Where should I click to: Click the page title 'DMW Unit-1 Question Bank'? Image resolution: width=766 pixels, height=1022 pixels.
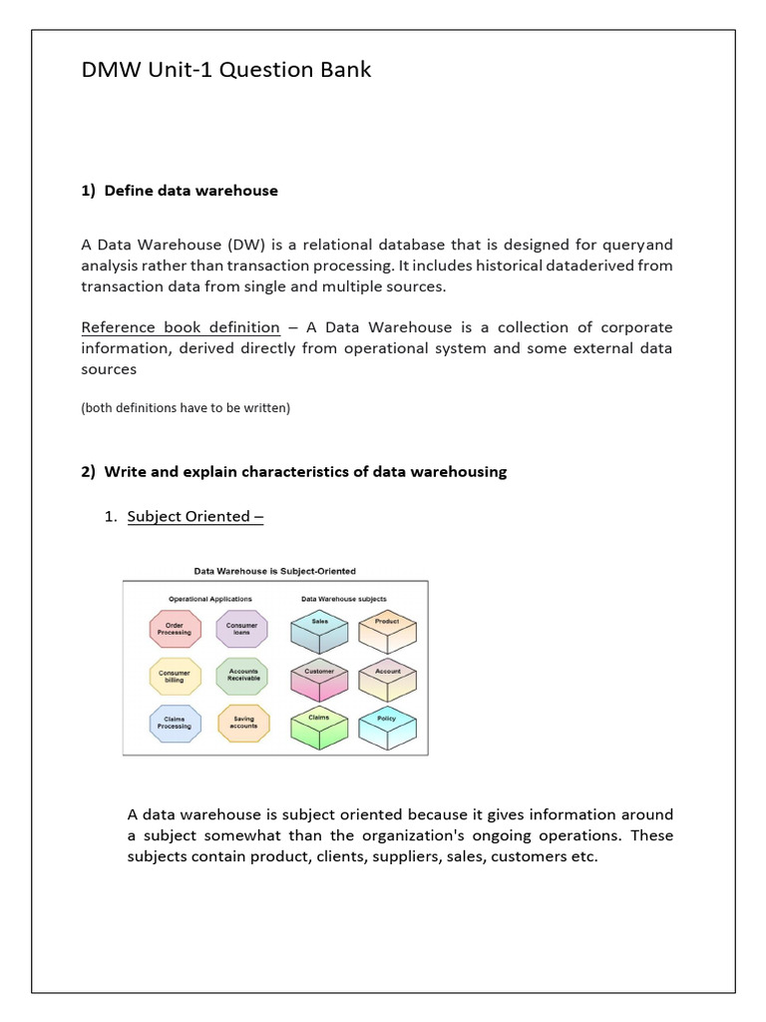[x=225, y=71]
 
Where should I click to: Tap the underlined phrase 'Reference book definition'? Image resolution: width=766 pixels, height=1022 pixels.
[x=180, y=327]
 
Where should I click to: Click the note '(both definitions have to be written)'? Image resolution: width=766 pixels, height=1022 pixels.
[x=186, y=407]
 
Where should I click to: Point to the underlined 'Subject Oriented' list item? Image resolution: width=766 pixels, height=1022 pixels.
[x=188, y=516]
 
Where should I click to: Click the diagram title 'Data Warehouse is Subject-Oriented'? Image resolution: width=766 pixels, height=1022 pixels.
[x=274, y=571]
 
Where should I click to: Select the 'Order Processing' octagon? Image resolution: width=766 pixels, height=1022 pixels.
[x=175, y=629]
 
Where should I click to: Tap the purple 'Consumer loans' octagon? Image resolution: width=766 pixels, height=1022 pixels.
[x=241, y=629]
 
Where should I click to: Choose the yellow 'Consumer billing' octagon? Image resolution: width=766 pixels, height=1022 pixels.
[x=175, y=676]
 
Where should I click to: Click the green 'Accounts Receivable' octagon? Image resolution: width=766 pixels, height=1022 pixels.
[x=242, y=676]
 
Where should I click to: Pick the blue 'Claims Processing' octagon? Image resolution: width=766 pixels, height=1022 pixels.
[x=175, y=723]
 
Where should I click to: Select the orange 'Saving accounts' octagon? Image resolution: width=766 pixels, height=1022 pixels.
[x=242, y=723]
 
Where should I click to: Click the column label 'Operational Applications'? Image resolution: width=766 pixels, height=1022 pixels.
[x=209, y=599]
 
